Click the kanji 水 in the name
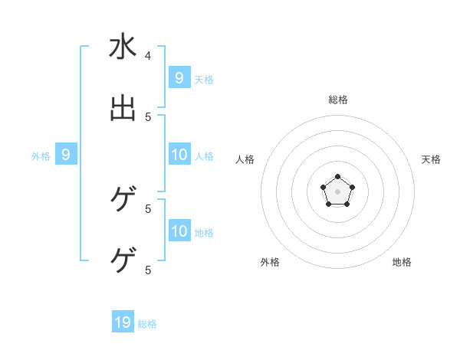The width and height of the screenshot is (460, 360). point(123,47)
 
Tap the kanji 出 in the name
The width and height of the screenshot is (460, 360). point(123,108)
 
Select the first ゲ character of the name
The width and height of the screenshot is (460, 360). point(123,200)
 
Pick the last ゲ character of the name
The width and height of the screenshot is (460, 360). point(123,260)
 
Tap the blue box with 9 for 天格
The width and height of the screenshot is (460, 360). point(179,78)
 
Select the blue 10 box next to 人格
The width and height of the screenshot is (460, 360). point(179,155)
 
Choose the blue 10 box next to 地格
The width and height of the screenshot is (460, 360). point(179,231)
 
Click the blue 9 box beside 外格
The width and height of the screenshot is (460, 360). point(66,155)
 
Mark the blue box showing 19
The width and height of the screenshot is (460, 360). point(123,322)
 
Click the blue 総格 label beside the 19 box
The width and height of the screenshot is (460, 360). point(147,324)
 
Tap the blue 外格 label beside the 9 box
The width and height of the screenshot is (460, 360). point(41,156)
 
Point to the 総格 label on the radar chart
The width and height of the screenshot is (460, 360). point(338,100)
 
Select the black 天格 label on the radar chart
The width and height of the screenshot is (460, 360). point(431,159)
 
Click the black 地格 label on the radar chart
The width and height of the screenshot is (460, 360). point(402,262)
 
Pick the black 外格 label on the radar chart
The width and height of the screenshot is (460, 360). point(270,262)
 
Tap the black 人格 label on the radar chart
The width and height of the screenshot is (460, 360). point(245,159)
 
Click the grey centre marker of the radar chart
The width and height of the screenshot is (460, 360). point(337,191)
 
